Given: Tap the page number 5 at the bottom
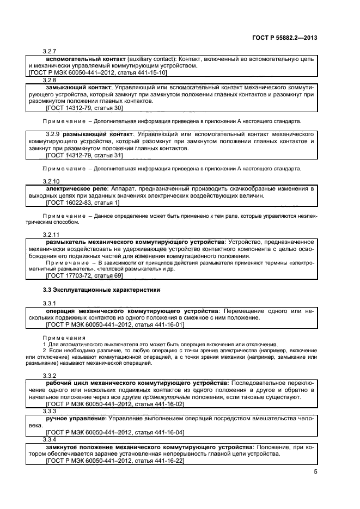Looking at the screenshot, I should click(316, 472).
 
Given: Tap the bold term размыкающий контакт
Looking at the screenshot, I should click(98, 133).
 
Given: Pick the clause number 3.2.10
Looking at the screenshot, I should click(51, 181).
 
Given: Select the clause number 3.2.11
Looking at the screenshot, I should click(51, 233).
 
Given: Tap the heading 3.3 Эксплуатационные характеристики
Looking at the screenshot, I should click(101, 289).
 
